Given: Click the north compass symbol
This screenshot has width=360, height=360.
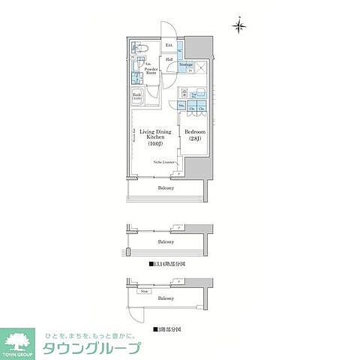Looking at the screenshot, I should (x=239, y=26).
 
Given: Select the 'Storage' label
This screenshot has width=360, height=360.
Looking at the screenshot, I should (x=186, y=65).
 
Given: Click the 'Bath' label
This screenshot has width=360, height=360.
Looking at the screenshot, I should (x=137, y=97).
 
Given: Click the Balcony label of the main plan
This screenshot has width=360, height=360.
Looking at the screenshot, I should (x=166, y=187).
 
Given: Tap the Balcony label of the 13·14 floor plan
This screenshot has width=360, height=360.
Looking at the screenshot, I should (x=166, y=242).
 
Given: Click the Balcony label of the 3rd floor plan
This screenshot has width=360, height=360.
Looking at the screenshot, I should (x=166, y=298).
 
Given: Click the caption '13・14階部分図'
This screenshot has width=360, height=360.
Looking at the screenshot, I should (x=166, y=265).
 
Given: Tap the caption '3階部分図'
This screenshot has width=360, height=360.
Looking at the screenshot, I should (x=166, y=328).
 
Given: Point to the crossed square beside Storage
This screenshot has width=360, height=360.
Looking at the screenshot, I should (x=201, y=65).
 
